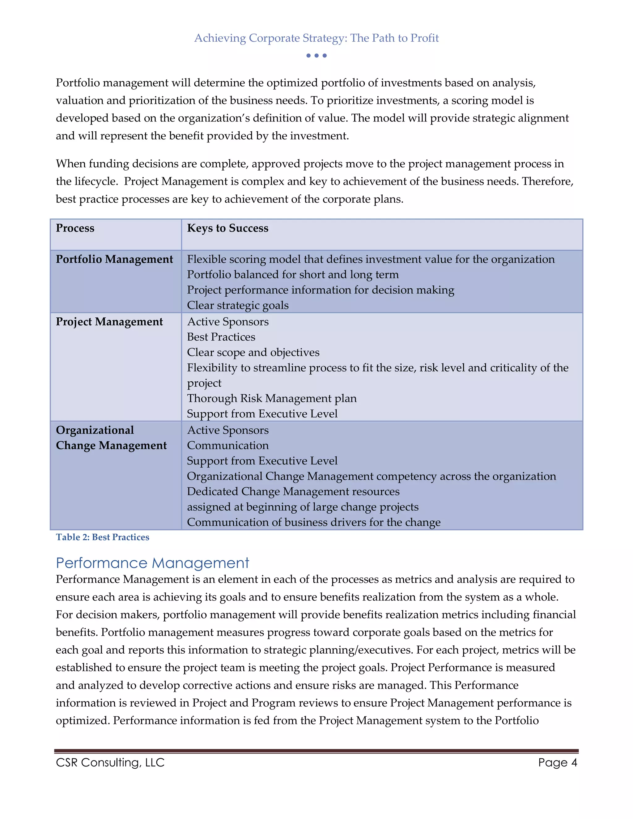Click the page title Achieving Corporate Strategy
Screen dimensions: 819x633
coord(316,38)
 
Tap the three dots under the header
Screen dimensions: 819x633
coord(316,56)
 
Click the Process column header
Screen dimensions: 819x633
coord(75,228)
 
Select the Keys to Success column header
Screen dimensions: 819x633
coord(227,228)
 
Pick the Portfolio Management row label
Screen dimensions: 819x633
coord(114,259)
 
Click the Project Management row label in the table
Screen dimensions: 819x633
coord(109,322)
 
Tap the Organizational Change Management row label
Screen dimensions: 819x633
coord(111,438)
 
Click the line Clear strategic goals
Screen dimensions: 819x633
coord(238,305)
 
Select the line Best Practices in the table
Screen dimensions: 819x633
coord(221,337)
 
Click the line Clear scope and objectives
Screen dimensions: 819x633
coord(253,353)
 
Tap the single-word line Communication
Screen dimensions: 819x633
coord(227,445)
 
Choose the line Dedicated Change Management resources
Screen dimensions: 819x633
coord(293,492)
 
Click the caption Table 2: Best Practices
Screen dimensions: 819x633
coord(102,537)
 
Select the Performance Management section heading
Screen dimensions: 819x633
coord(152,563)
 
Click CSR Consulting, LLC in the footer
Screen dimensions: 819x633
coord(110,762)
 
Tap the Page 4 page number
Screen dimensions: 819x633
coord(557,762)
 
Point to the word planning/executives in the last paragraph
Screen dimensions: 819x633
coord(357,650)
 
